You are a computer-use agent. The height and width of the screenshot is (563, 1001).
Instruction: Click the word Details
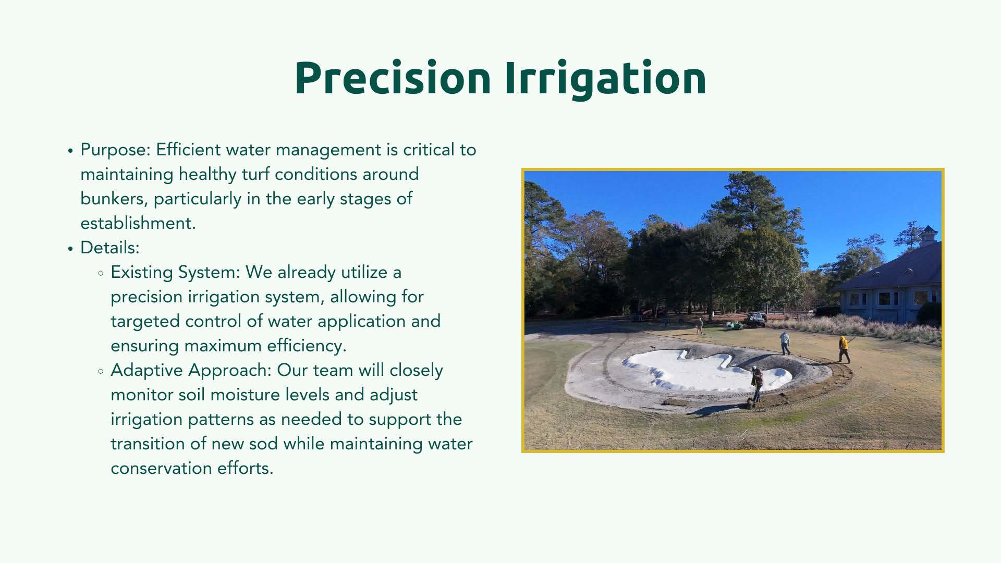[x=110, y=248]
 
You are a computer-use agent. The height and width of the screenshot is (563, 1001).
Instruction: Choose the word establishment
[x=138, y=223]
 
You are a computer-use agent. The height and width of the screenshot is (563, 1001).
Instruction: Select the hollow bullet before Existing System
[x=101, y=273]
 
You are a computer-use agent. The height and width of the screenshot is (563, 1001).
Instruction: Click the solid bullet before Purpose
[x=70, y=151]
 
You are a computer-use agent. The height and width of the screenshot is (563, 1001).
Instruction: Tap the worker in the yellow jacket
[x=844, y=349]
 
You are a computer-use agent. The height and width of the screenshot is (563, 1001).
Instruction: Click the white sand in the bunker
[x=704, y=370]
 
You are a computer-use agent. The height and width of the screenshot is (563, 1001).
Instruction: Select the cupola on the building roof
[x=928, y=236]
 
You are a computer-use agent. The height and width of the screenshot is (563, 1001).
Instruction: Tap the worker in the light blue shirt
[x=785, y=342]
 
